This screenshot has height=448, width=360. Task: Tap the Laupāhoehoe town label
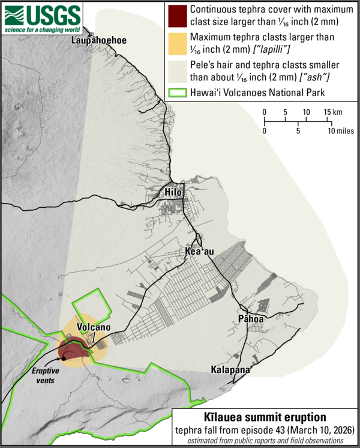[98, 40]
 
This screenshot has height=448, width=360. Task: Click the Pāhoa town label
[250, 319]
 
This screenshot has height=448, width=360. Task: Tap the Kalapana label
[230, 370]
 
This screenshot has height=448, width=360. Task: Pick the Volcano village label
[94, 327]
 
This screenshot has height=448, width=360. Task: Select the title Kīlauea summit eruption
[265, 417]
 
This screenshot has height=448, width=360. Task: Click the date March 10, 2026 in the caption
[321, 429]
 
